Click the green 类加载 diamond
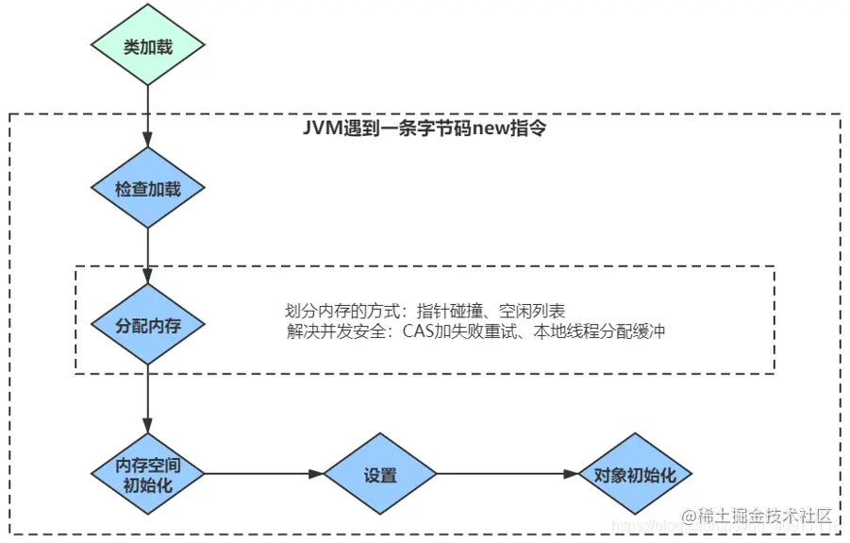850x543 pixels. [148, 46]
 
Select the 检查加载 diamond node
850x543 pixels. [148, 188]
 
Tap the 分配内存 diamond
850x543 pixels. [148, 326]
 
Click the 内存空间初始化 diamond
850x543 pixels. [148, 474]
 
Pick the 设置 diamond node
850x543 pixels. [379, 474]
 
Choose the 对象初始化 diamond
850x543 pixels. [635, 474]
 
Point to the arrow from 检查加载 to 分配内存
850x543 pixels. [148, 255]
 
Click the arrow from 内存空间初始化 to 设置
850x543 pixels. [264, 474]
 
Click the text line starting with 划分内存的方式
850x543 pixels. [425, 311]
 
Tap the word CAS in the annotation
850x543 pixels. [420, 331]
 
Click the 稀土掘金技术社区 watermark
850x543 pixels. [764, 516]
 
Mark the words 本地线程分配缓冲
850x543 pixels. [604, 331]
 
